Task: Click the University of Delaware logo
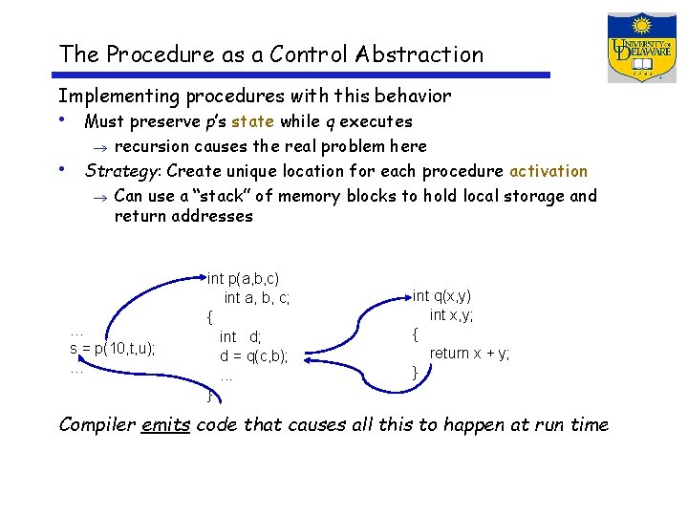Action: click(641, 47)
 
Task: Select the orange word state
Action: click(252, 121)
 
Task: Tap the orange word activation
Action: click(548, 171)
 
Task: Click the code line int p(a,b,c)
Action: click(243, 278)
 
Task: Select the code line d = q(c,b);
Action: click(253, 356)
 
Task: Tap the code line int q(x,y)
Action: click(441, 296)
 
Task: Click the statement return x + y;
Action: click(469, 353)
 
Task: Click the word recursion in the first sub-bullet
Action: click(151, 146)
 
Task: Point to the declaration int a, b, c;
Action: click(256, 298)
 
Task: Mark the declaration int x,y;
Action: click(451, 315)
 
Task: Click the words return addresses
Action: click(183, 216)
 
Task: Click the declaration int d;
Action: click(240, 336)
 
